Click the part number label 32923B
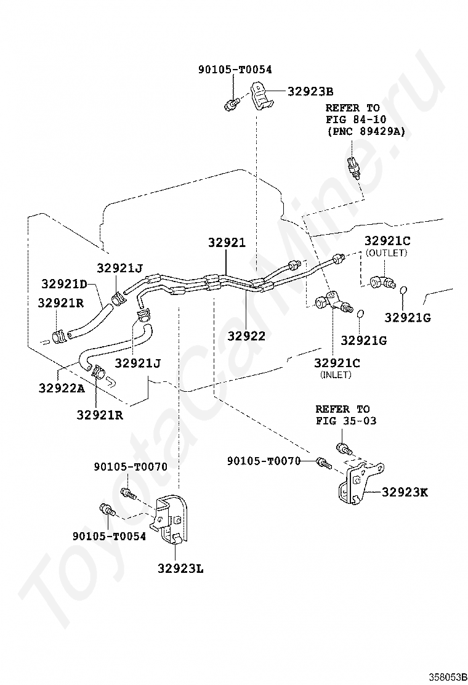310,91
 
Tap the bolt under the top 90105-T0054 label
231,103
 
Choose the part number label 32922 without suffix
246,336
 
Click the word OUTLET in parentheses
386,253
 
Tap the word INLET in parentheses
335,375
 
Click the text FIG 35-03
345,421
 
